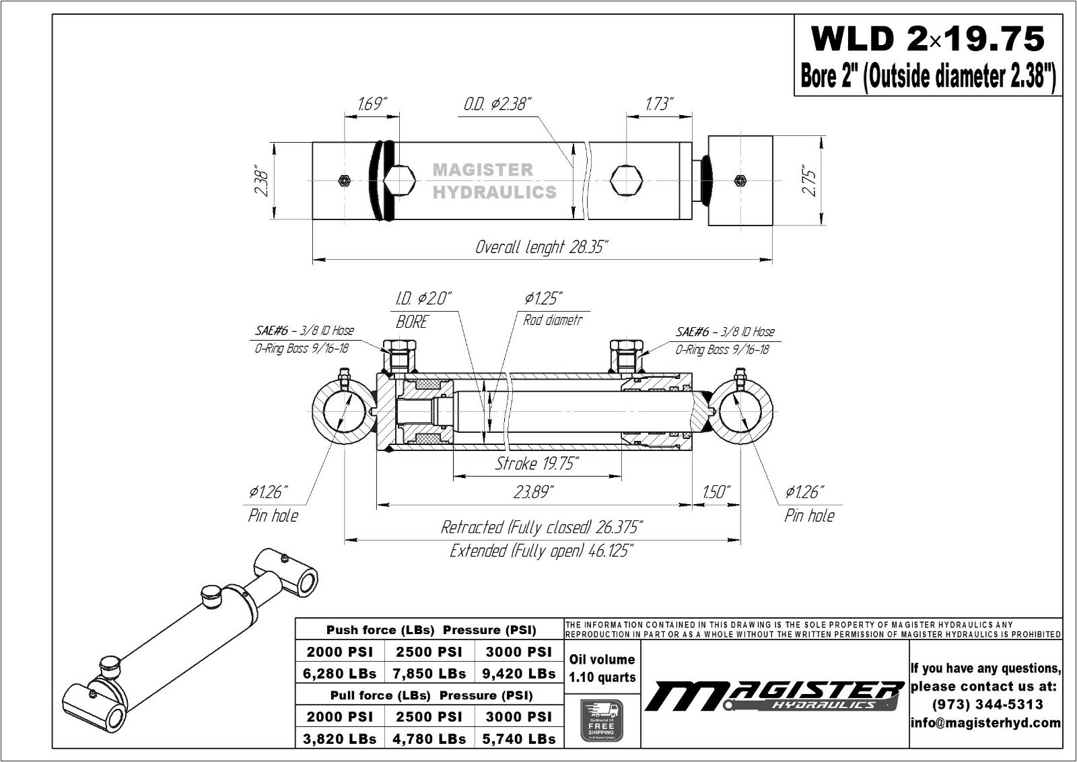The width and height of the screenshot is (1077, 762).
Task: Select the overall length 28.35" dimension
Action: point(542,247)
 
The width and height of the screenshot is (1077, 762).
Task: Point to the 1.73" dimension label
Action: point(660,104)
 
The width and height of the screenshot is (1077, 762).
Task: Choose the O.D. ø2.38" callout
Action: point(497,104)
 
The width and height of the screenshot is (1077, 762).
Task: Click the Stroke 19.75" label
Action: point(536,464)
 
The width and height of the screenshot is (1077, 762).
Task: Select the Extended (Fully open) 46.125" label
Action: point(542,551)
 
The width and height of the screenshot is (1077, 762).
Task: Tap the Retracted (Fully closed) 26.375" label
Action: point(542,526)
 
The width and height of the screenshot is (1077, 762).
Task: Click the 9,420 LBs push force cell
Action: point(519,673)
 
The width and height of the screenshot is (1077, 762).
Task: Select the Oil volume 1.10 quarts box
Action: point(602,668)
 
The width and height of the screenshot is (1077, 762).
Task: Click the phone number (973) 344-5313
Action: point(986,704)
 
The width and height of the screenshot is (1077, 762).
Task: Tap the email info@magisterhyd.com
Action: point(986,722)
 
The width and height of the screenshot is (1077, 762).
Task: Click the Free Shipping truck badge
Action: point(601,720)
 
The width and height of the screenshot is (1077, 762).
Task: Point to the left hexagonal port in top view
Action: point(400,180)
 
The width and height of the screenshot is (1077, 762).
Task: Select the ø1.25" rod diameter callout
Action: point(543,298)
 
